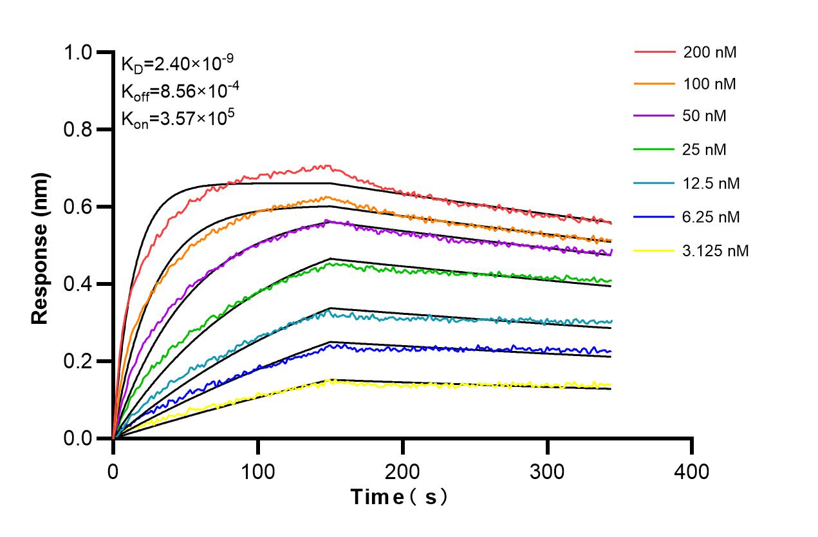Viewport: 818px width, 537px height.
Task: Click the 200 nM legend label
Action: click(x=710, y=53)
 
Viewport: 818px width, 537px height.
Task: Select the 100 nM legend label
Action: click(x=710, y=84)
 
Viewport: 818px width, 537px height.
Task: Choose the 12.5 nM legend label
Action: click(x=711, y=184)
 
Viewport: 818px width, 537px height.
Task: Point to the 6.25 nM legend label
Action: click(x=711, y=217)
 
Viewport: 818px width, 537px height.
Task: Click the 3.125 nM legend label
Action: click(x=716, y=251)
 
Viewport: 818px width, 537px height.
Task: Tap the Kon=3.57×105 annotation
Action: click(x=176, y=119)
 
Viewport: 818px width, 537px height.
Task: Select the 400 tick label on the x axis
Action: click(x=692, y=472)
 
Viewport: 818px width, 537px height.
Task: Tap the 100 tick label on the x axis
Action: click(x=258, y=472)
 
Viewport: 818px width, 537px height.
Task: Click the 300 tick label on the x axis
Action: click(x=547, y=472)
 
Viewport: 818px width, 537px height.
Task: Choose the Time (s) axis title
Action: click(x=399, y=497)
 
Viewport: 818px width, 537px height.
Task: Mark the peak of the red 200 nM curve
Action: click(x=326, y=166)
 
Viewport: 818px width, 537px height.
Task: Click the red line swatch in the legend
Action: click(x=654, y=52)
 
